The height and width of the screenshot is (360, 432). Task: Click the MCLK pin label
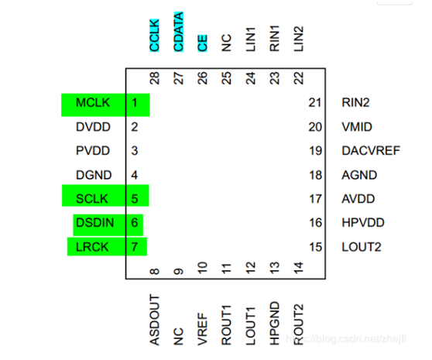point(93,103)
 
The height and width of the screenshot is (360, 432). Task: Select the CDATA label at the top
point(179,32)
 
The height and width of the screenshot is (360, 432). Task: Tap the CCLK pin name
point(154,36)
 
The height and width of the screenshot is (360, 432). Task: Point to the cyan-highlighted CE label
point(203,43)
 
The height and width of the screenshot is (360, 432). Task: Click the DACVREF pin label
point(371,151)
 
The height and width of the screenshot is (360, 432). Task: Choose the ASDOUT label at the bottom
point(155,320)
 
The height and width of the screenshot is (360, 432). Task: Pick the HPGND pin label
point(275,324)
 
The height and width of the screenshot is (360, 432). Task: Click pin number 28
point(155,78)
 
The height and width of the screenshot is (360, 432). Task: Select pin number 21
point(315,103)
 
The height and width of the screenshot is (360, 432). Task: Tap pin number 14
point(299,268)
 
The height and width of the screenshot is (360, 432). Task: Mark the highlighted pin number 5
point(135,199)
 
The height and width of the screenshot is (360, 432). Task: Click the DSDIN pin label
point(94,222)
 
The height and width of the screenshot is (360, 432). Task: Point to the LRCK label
point(92,247)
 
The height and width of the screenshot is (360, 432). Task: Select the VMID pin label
point(357,127)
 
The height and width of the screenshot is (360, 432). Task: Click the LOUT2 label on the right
point(362,247)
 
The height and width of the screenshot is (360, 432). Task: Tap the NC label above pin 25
point(227,43)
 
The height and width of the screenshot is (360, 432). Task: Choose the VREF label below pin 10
point(203,329)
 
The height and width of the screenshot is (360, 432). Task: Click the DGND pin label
point(94,175)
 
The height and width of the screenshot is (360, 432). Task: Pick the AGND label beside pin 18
point(359,175)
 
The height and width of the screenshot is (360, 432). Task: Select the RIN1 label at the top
point(275,39)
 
